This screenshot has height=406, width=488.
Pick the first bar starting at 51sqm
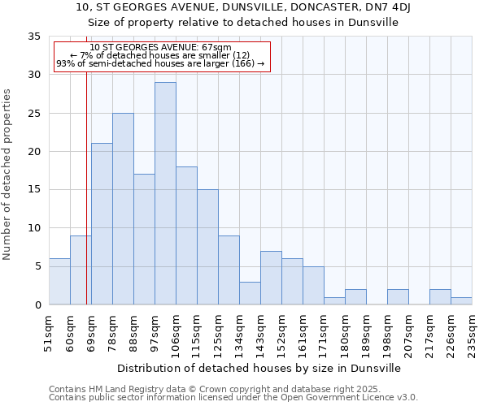click(x=59, y=282)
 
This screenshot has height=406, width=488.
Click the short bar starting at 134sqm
click(x=250, y=293)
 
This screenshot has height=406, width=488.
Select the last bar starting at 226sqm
click(x=461, y=300)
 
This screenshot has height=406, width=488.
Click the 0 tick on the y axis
click(x=37, y=305)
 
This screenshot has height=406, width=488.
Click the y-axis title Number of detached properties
click(x=7, y=175)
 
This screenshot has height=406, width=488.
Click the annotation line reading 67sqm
click(x=160, y=47)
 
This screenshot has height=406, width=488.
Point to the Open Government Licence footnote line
click(x=233, y=398)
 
